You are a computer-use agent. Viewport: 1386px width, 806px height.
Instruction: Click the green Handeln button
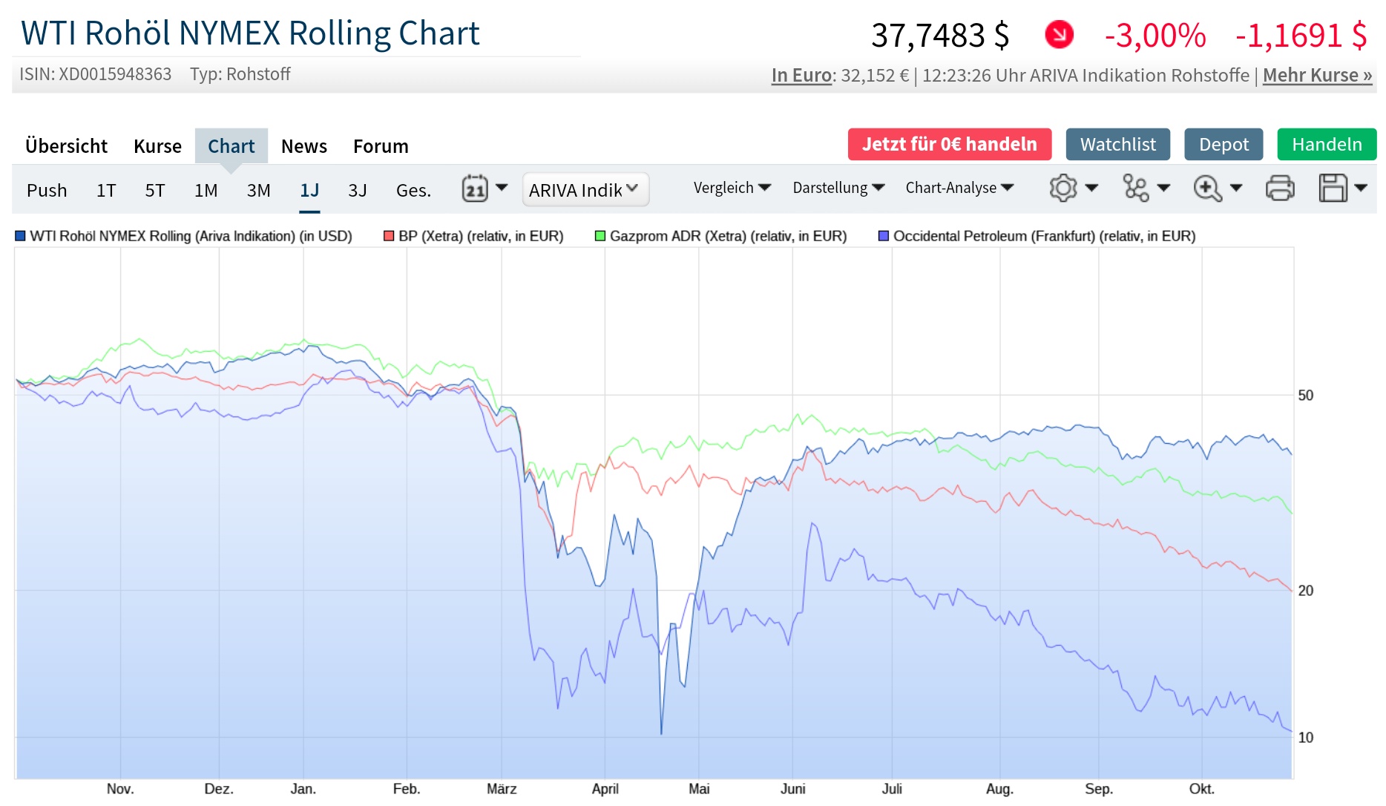1326,144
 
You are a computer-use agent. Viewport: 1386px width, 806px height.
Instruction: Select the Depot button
1223,144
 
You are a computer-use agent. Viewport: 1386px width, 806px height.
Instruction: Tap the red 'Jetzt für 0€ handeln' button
949,144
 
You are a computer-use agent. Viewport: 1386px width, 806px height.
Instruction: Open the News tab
303,146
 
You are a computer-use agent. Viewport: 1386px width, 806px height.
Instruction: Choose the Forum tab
380,146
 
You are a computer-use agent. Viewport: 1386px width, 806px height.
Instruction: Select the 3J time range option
357,190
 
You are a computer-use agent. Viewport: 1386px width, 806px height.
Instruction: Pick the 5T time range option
154,190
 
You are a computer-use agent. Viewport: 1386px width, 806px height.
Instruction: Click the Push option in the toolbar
47,190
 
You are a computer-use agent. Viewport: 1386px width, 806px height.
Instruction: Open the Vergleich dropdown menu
732,188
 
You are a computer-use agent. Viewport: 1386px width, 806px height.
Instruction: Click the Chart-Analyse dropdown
959,188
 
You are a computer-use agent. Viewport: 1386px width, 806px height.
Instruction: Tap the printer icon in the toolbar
1279,188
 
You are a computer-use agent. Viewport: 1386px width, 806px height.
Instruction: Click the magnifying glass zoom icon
1207,188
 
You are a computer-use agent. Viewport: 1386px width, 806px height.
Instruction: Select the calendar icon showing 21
475,188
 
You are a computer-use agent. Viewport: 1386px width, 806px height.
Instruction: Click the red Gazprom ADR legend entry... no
720,236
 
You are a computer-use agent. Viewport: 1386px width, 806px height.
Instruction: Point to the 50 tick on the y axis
1305,396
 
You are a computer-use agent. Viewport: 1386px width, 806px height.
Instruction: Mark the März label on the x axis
502,788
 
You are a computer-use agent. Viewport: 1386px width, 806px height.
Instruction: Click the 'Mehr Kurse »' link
1317,75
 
